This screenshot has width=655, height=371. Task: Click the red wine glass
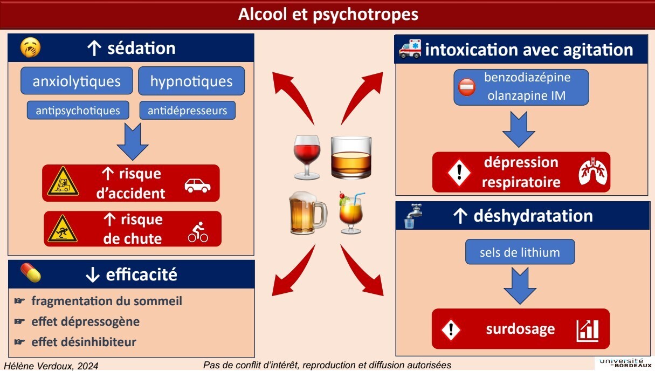tap(307, 157)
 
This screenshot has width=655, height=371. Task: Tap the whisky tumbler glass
tap(351, 157)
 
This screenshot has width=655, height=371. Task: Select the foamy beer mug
tap(308, 212)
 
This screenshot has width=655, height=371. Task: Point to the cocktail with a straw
tap(351, 212)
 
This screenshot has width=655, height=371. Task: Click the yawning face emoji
tap(30, 47)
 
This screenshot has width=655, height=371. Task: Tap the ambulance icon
tap(410, 49)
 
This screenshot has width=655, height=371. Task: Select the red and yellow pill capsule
tap(31, 273)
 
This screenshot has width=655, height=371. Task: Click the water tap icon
tap(413, 216)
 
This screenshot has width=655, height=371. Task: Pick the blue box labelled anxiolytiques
tap(77, 81)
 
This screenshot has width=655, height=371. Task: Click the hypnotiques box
tap(191, 81)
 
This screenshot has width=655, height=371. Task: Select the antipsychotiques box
tap(78, 111)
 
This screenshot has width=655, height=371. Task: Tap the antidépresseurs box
tap(188, 111)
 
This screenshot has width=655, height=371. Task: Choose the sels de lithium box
tap(520, 252)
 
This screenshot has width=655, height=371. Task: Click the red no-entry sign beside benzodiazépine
tap(467, 87)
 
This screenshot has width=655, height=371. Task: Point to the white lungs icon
tap(592, 171)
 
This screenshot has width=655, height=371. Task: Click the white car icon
tap(197, 185)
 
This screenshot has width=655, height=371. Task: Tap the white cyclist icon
tap(198, 232)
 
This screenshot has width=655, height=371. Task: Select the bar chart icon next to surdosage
tap(588, 331)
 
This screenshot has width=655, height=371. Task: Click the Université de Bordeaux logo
tap(625, 363)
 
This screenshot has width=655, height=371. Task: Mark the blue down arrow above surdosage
tap(520, 286)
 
